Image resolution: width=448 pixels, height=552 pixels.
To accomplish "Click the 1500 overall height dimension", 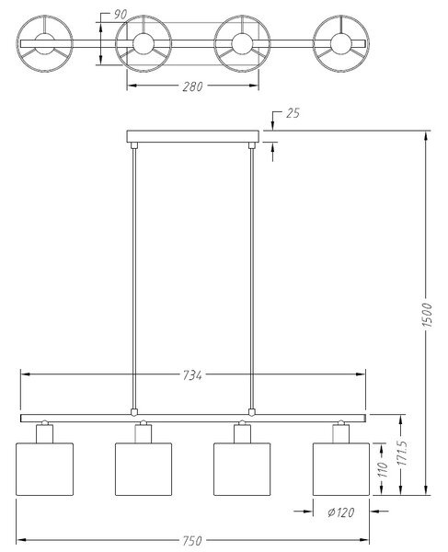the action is pyautogui.click(x=427, y=315).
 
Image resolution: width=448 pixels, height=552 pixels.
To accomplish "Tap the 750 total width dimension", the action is pyautogui.click(x=192, y=540).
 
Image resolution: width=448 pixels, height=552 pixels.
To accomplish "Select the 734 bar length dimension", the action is pyautogui.click(x=192, y=375).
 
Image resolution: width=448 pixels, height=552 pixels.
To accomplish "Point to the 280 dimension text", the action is pyautogui.click(x=192, y=86).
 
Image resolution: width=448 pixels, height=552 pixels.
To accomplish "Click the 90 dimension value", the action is pyautogui.click(x=120, y=15).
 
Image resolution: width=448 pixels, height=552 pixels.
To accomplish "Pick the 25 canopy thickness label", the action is pyautogui.click(x=293, y=113).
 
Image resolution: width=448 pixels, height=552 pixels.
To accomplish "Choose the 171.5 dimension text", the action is pyautogui.click(x=402, y=453).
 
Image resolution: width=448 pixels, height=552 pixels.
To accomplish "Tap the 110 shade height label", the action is pyautogui.click(x=383, y=469).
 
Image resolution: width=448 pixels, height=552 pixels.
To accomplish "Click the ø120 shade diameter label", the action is pyautogui.click(x=340, y=512).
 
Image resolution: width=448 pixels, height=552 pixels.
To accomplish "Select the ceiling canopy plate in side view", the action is pyautogui.click(x=193, y=136).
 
